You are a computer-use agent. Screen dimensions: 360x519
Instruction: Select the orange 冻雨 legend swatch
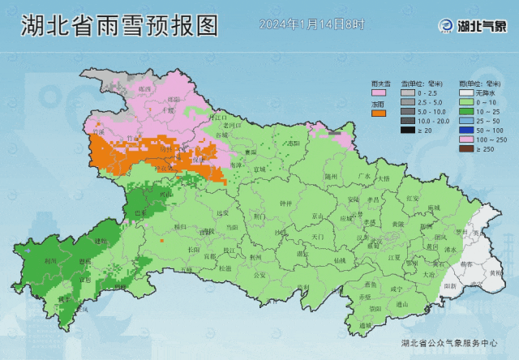pos(378,114)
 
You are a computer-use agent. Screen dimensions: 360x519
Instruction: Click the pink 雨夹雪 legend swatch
pos(378,93)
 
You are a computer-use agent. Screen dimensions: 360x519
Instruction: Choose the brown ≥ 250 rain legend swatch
pos(465,148)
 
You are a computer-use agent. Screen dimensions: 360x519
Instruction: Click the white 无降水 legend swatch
pos(465,92)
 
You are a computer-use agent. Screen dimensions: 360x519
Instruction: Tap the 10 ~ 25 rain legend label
pos(492,111)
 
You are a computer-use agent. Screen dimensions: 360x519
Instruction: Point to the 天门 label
pos(317,236)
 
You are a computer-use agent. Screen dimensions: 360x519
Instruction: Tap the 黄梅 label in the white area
pos(495,272)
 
